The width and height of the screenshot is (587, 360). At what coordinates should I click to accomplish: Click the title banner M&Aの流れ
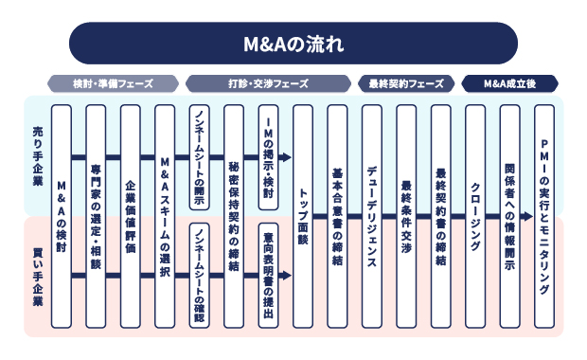pyautogui.click(x=293, y=44)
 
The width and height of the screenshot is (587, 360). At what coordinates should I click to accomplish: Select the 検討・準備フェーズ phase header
pyautogui.click(x=114, y=83)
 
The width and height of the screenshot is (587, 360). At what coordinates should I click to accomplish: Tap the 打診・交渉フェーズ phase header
pyautogui.click(x=268, y=83)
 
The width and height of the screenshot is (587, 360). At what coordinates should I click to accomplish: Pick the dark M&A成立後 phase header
pyautogui.click(x=509, y=83)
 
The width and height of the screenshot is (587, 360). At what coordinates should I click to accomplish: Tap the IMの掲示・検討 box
pyautogui.click(x=268, y=156)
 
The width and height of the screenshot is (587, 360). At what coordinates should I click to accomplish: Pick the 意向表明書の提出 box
pyautogui.click(x=268, y=276)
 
